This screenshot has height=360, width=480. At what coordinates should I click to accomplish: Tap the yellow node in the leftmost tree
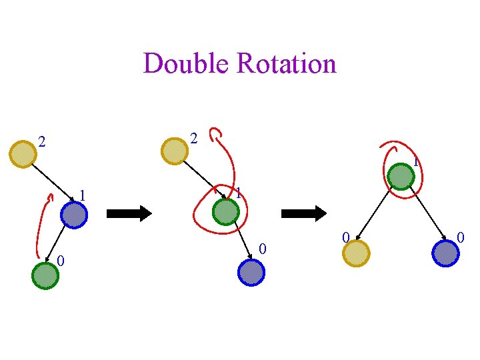tap(22, 153)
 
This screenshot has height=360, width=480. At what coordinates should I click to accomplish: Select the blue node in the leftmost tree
tap(73, 215)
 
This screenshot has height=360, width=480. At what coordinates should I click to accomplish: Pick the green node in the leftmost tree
tap(45, 275)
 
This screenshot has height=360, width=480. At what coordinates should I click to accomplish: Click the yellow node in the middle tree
tap(175, 150)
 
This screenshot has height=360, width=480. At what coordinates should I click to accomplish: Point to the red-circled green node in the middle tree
tap(225, 212)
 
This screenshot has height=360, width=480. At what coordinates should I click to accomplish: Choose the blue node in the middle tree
tap(251, 272)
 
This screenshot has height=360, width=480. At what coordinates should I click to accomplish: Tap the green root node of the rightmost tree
tap(401, 177)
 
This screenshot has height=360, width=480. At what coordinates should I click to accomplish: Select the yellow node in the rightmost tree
tap(356, 253)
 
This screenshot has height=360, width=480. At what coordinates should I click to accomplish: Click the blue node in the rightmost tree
tap(445, 253)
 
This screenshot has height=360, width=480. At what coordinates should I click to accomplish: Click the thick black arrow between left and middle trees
tap(129, 213)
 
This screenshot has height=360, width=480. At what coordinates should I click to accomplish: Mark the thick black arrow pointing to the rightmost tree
tap(304, 213)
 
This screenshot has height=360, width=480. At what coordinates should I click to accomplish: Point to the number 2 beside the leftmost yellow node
tap(41, 142)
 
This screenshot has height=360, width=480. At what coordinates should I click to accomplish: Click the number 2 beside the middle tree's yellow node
tap(193, 139)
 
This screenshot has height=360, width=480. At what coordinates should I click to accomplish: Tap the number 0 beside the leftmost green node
tap(60, 260)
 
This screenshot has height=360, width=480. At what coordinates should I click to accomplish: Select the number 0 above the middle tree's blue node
tap(263, 249)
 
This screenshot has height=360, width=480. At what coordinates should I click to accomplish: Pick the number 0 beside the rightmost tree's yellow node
tap(345, 237)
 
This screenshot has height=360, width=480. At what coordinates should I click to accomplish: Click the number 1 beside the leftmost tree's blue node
tap(82, 195)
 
